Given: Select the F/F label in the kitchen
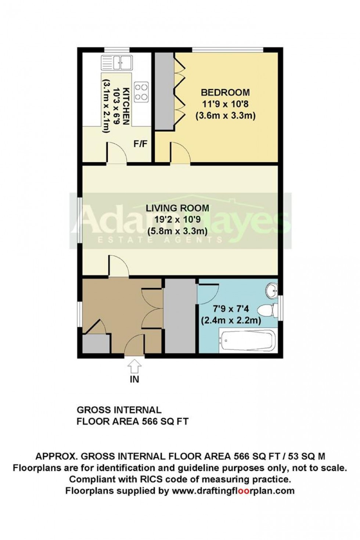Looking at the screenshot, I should [140, 144].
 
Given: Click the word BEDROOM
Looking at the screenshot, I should [225, 92].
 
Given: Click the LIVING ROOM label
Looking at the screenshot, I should [177, 208].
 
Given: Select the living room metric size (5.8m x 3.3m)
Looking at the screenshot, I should [177, 232].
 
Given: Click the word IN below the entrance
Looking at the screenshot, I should [135, 379].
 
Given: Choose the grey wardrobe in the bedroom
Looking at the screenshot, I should [164, 91].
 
